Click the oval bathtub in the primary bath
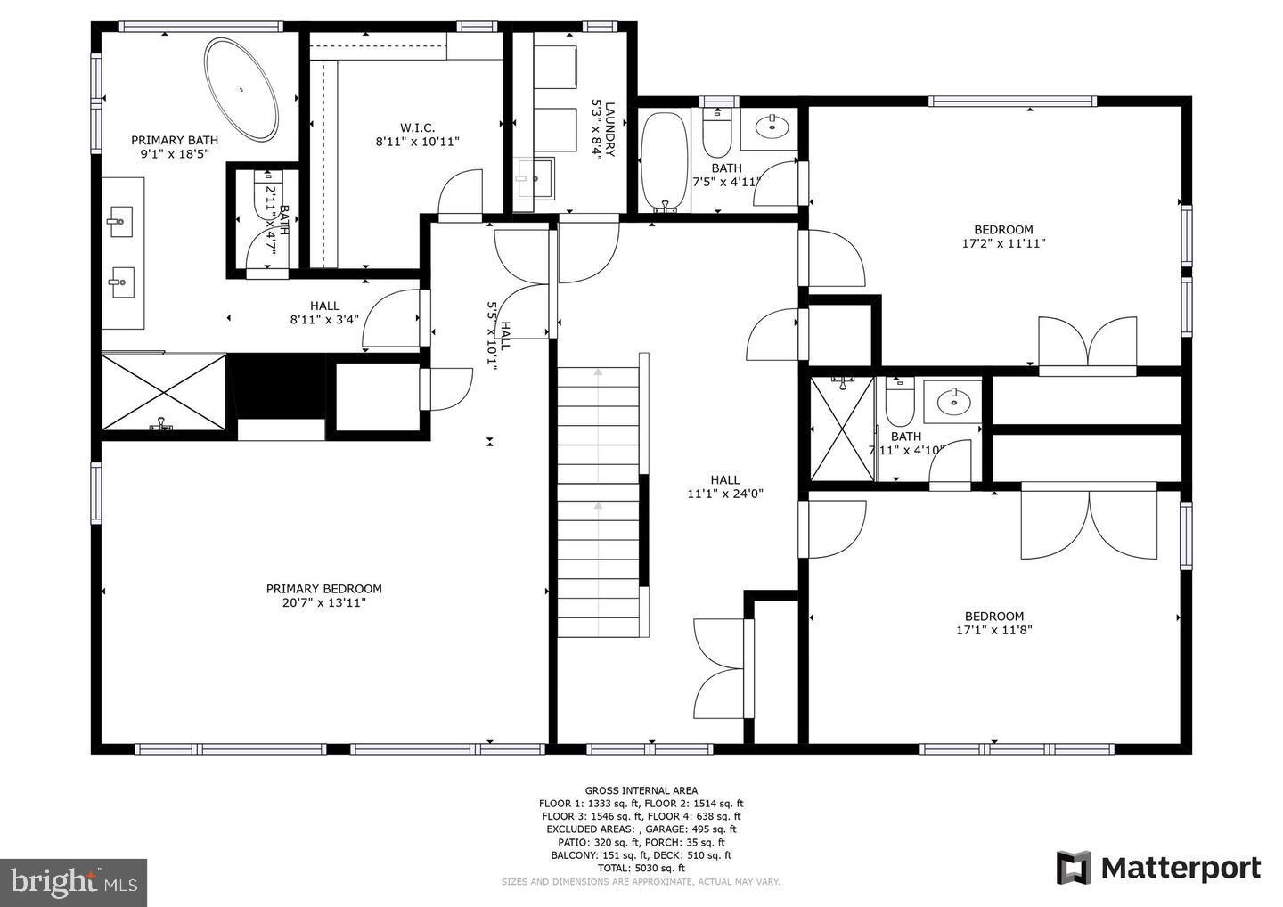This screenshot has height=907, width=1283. [x=241, y=88]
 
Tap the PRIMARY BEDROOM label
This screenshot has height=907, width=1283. [x=323, y=589]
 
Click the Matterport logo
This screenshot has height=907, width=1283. [x=1158, y=868]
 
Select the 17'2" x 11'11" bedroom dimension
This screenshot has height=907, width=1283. [x=1002, y=242]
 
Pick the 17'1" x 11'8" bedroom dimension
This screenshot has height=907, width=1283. [x=993, y=630]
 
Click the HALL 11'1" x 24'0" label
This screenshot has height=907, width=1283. [x=724, y=486]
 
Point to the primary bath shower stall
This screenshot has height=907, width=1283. [x=163, y=391]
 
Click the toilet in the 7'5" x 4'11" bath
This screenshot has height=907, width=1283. [x=716, y=134]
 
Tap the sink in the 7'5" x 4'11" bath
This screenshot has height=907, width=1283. [x=772, y=128]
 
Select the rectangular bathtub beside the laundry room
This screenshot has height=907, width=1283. [x=665, y=160]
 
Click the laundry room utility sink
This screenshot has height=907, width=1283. [x=535, y=177]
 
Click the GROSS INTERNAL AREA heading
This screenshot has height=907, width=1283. [x=641, y=790]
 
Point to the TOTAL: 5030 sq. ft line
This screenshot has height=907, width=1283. [x=641, y=868]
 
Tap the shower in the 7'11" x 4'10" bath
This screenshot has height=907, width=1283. [x=842, y=429]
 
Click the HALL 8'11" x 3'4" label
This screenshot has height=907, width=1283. [x=324, y=313]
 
